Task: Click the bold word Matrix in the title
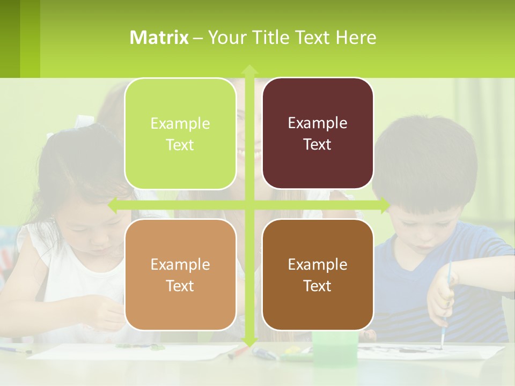pyautogui.click(x=159, y=38)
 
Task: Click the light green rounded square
pyautogui.click(x=180, y=134)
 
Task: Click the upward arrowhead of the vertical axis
pyautogui.click(x=249, y=69)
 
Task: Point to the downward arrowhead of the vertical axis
pyautogui.click(x=249, y=342)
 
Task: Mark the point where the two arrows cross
pyautogui.click(x=249, y=205)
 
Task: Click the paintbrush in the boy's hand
pyautogui.click(x=446, y=300)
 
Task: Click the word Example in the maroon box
pyautogui.click(x=318, y=123)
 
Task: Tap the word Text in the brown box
pyautogui.click(x=318, y=286)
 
